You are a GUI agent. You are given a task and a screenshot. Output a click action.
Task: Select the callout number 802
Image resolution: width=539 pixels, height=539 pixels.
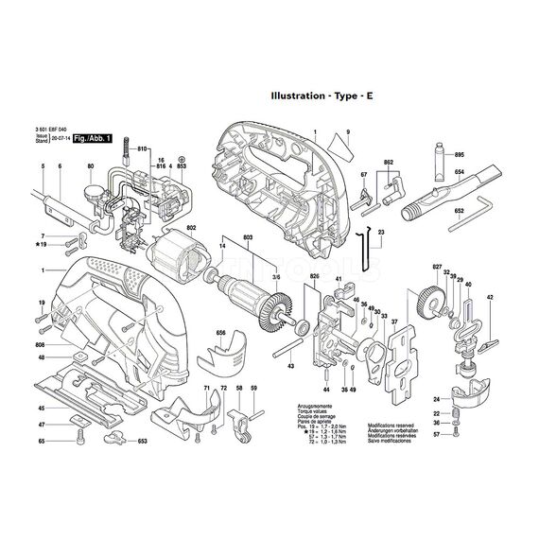coord(191,228)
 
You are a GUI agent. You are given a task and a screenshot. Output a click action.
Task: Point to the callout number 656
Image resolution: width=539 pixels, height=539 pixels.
coord(221,333)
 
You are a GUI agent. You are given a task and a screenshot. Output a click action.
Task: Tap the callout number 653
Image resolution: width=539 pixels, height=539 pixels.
coord(142,442)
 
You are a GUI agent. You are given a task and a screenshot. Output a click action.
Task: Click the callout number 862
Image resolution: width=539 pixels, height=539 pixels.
coord(388,164)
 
